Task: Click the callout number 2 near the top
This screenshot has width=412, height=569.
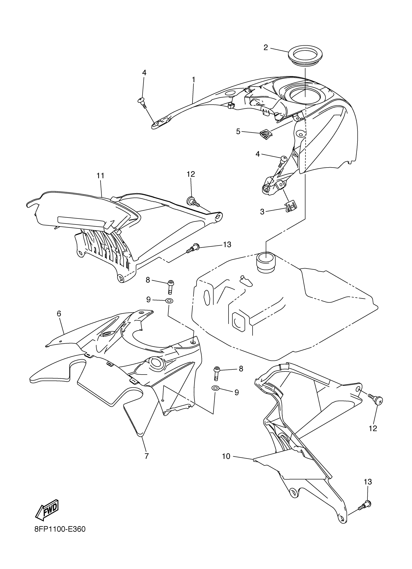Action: point(266,48)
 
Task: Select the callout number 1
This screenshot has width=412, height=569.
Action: point(193,80)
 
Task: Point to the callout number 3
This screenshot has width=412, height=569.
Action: point(262,212)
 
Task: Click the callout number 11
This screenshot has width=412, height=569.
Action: point(100,176)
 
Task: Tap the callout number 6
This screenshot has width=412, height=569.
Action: point(59,314)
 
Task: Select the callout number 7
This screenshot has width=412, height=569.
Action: point(147,456)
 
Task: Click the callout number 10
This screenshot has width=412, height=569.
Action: point(226,456)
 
